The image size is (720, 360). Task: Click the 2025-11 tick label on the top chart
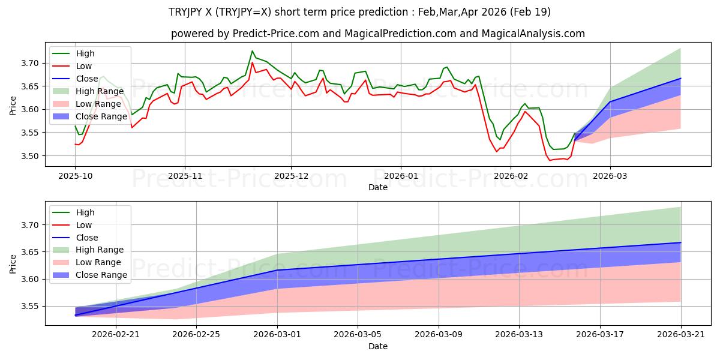[185, 176]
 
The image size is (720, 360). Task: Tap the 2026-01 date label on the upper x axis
[401, 176]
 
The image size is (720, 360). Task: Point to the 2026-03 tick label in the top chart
[610, 176]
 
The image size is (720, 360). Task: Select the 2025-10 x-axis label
[75, 176]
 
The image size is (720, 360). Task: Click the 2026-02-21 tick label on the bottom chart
[116, 335]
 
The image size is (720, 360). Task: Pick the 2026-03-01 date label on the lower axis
[277, 335]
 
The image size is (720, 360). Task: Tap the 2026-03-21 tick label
[681, 335]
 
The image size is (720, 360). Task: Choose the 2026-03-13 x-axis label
[519, 335]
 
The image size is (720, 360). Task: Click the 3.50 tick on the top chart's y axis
[30, 156]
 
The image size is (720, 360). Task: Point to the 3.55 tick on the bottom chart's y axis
[30, 307]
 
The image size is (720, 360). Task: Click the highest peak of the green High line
[253, 51]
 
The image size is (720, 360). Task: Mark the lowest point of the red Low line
[550, 160]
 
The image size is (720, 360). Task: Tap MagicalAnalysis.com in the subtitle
[533, 34]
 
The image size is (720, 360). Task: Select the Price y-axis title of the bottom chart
[13, 264]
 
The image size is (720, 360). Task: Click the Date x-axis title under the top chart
[378, 187]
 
